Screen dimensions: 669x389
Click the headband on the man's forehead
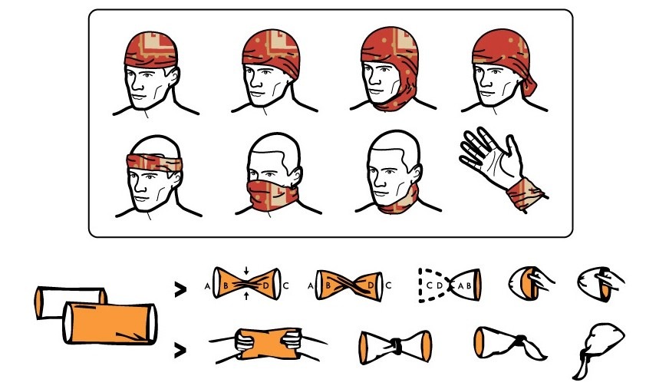coord(154,163)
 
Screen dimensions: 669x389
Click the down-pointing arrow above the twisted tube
coord(246,271)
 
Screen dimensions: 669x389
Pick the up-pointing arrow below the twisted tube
coord(246,295)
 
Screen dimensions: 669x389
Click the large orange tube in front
coord(110,323)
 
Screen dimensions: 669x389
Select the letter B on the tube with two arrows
coord(226,285)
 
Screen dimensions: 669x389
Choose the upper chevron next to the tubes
coord(180,289)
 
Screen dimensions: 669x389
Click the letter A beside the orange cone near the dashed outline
coord(460,285)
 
